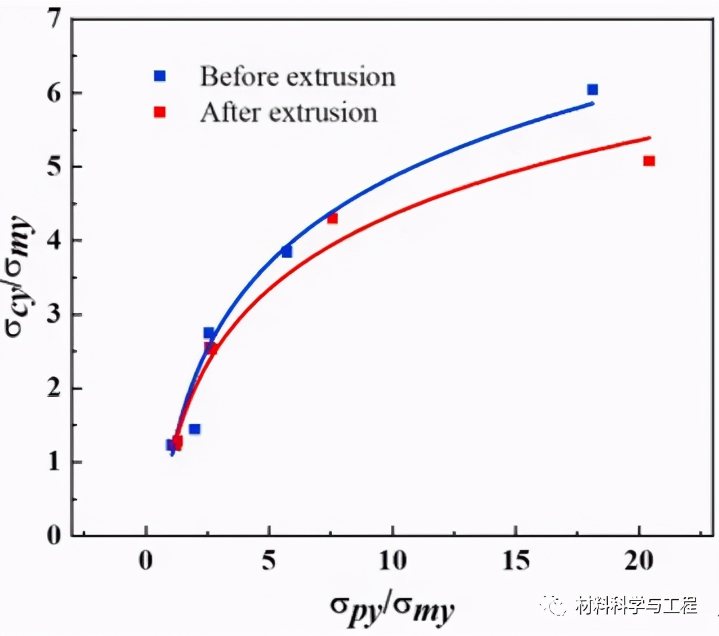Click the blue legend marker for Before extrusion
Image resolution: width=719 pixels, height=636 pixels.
pos(159,76)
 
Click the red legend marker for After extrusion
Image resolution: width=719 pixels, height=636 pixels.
pos(159,112)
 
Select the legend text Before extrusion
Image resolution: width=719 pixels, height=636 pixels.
pos(297,76)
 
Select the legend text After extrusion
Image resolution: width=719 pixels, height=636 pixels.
pos(289,112)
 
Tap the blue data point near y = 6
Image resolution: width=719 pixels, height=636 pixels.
pos(592,90)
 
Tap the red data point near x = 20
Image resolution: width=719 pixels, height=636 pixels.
pos(649,161)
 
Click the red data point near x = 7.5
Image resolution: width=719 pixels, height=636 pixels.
pos(333,218)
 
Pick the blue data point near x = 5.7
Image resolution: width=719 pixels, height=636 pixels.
pos(287,252)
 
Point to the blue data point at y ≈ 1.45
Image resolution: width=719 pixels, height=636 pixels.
pos(194,429)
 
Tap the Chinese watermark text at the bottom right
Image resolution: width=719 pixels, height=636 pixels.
pos(636,607)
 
